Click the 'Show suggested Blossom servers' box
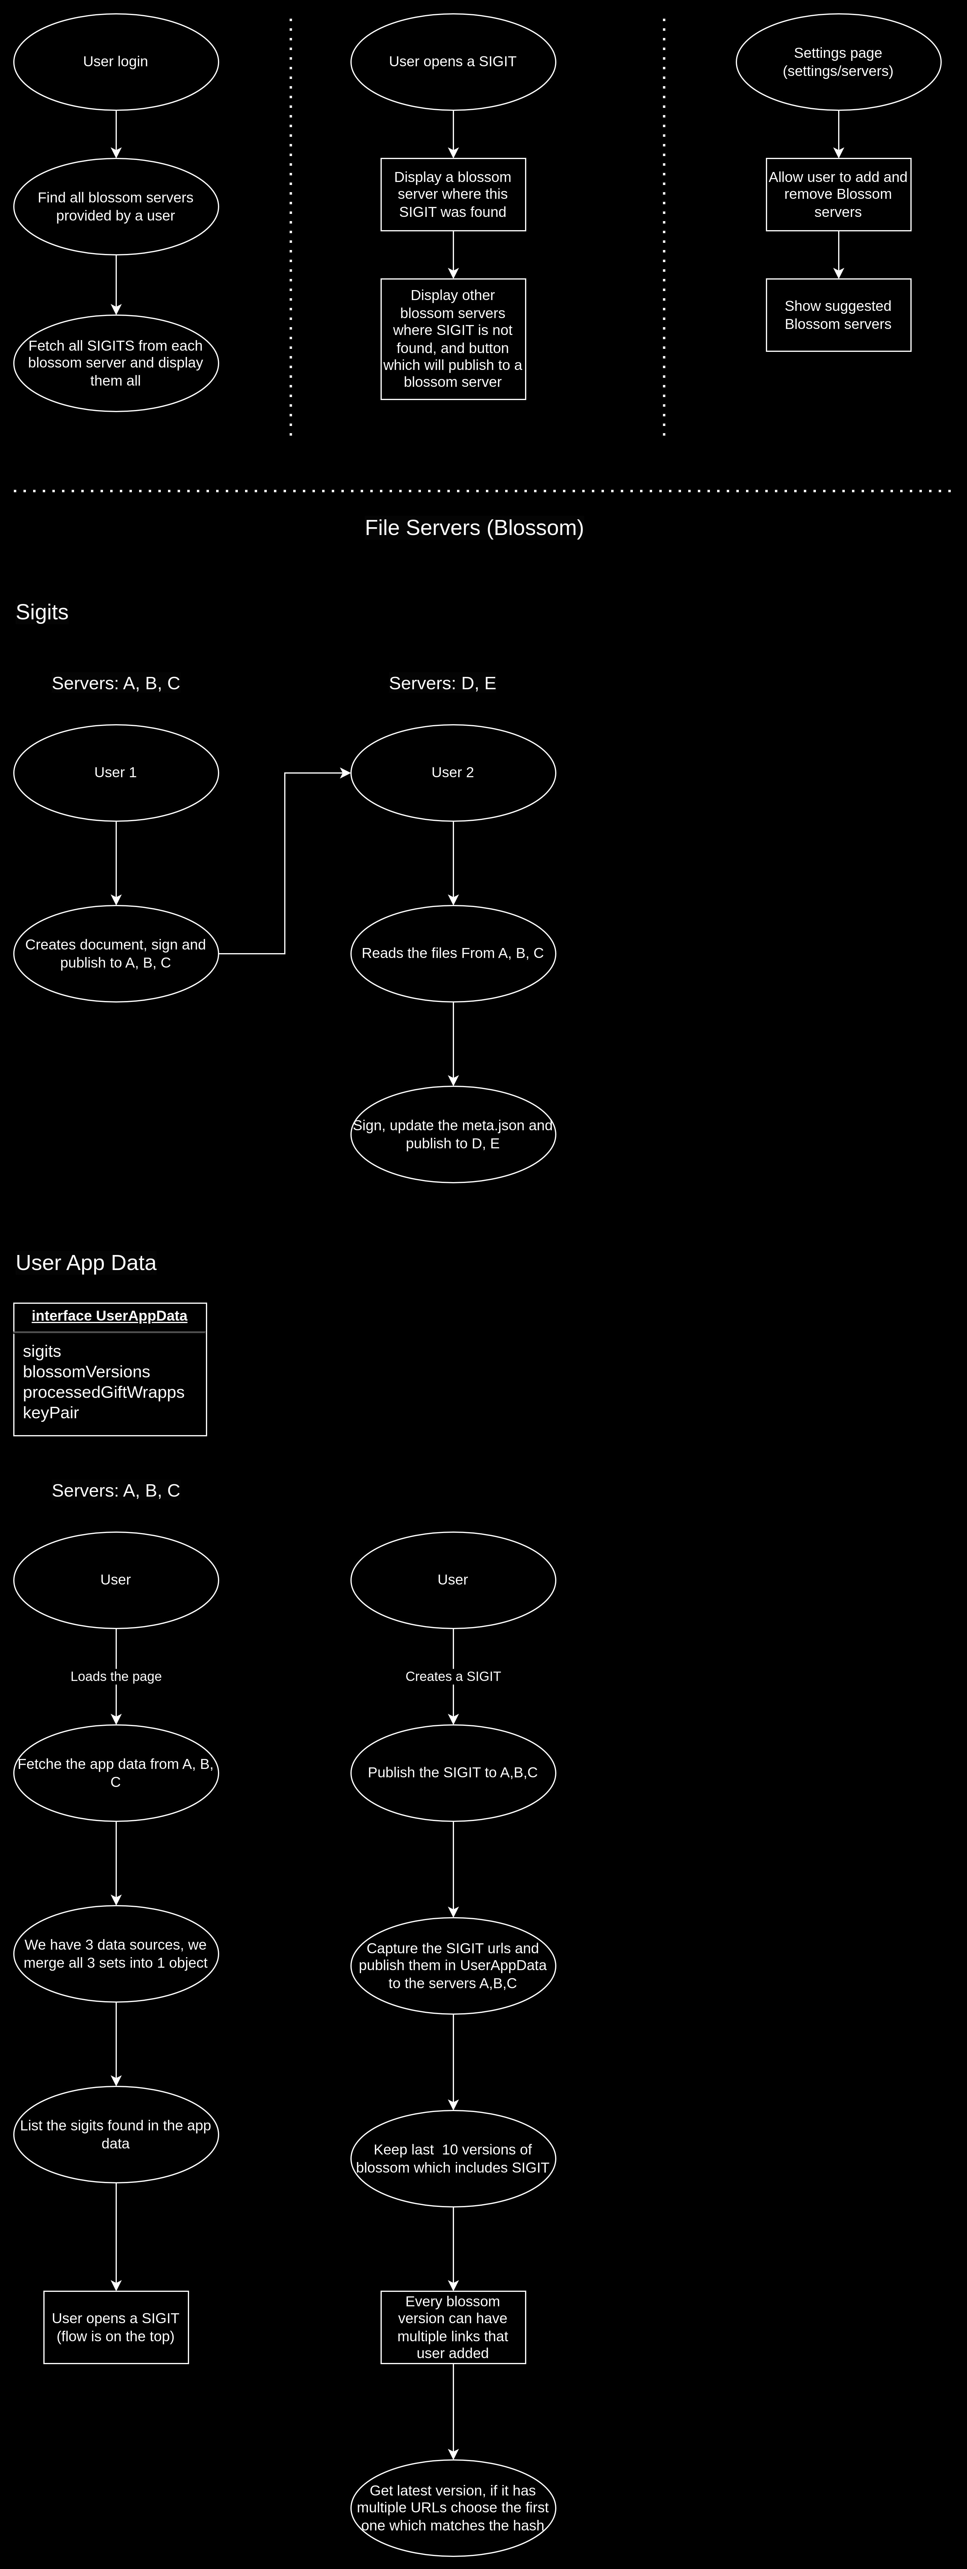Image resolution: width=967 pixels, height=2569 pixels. [838, 315]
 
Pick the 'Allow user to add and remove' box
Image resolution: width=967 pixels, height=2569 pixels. [838, 195]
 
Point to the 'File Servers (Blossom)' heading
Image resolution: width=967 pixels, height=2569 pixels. [474, 527]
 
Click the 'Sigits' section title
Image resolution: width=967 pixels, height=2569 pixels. [42, 612]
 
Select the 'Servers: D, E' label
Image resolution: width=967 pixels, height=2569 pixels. [443, 683]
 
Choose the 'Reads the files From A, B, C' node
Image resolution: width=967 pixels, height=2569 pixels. [452, 953]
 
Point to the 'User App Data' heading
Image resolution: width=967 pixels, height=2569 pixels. [86, 1263]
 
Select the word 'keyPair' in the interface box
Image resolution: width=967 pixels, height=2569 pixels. [51, 1413]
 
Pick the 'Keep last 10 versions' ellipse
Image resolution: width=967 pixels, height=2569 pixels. [452, 2159]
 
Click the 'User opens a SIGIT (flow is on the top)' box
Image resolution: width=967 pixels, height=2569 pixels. [116, 2328]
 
